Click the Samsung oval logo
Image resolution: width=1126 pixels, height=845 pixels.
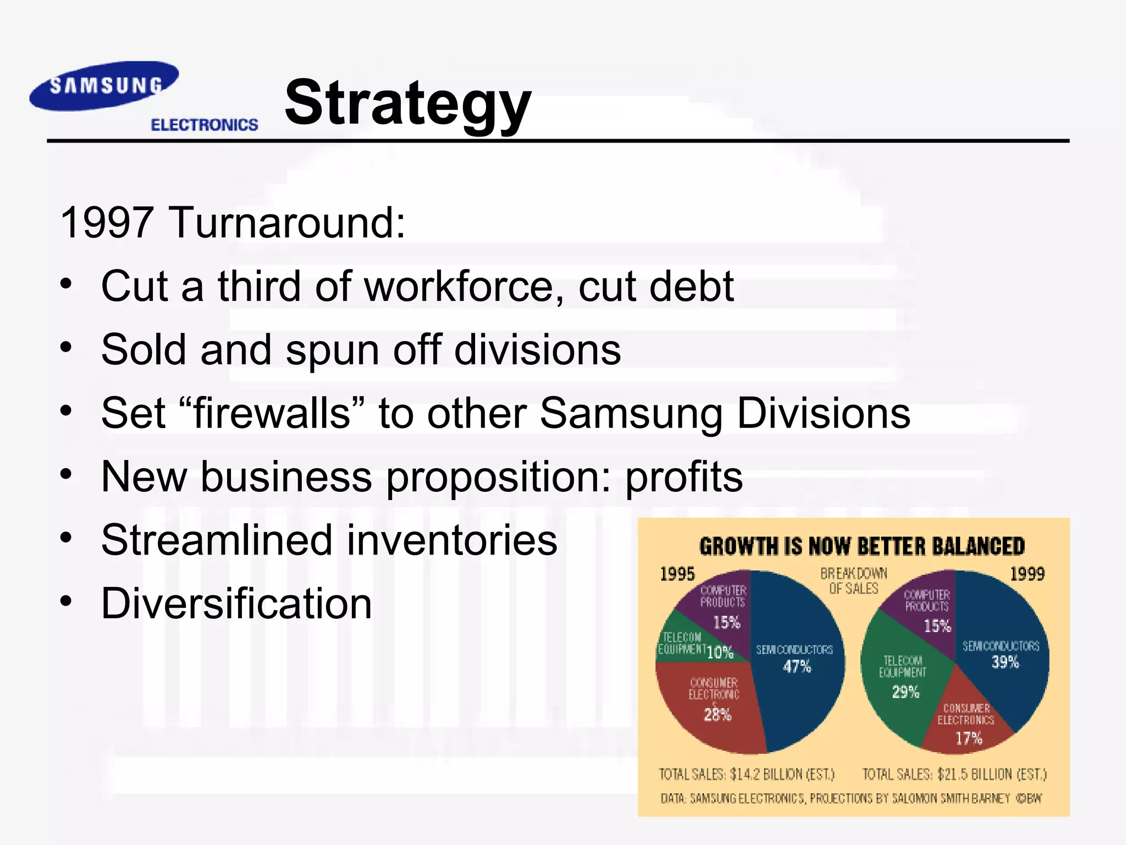[104, 86]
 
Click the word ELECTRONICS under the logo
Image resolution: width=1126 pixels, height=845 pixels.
[204, 125]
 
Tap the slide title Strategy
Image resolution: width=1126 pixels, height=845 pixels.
[407, 103]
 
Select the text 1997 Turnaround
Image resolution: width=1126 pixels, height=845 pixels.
[233, 222]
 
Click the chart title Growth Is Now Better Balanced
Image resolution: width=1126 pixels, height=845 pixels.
[862, 546]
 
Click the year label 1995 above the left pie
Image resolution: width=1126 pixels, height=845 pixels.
[677, 574]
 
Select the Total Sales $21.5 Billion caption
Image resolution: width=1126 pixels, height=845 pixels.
[954, 774]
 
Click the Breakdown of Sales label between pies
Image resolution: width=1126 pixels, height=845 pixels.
[853, 581]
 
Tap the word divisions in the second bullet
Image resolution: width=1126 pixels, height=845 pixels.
[537, 350]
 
